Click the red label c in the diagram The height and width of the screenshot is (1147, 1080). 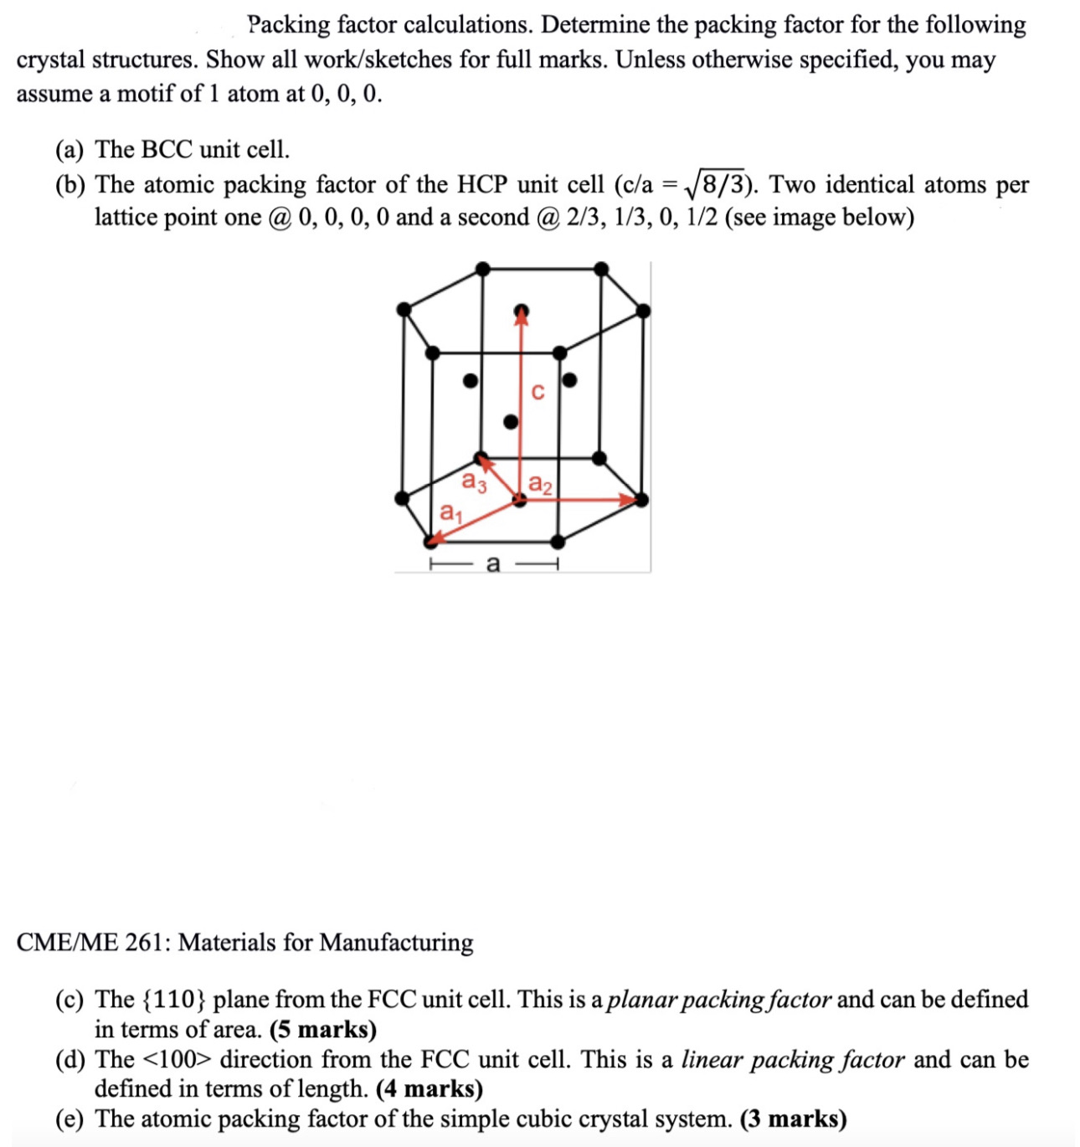pyautogui.click(x=537, y=391)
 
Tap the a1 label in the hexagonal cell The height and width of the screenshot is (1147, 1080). pyautogui.click(x=450, y=511)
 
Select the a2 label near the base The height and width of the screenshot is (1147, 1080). pyautogui.click(x=541, y=484)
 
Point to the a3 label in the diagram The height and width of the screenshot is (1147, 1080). pyautogui.click(x=474, y=482)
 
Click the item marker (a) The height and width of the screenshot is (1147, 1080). pyautogui.click(x=69, y=150)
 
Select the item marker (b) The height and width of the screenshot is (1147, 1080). pyautogui.click(x=69, y=185)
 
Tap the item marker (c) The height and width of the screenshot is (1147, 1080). pyautogui.click(x=69, y=1000)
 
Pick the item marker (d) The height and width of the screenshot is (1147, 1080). pyautogui.click(x=69, y=1060)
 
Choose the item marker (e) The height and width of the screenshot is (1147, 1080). pyautogui.click(x=69, y=1119)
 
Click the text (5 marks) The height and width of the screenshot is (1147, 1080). pyautogui.click(x=323, y=1030)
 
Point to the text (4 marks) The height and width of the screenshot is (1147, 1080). pyautogui.click(x=429, y=1089)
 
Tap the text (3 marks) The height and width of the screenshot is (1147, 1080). pyautogui.click(x=793, y=1119)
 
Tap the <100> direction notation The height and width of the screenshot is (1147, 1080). pyautogui.click(x=178, y=1060)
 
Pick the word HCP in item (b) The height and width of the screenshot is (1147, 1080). pyautogui.click(x=482, y=185)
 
